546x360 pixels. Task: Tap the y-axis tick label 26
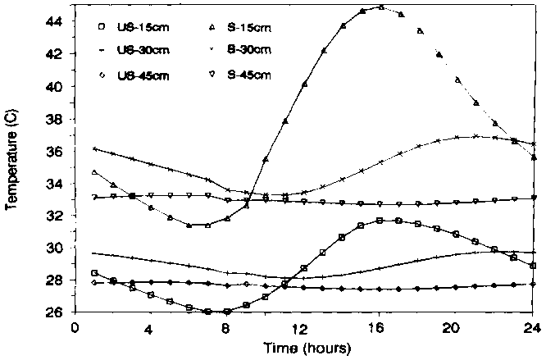click(54, 312)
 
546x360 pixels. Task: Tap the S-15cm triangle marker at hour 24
click(534, 157)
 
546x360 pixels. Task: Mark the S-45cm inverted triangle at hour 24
click(534, 198)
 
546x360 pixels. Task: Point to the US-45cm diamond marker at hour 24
click(534, 284)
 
